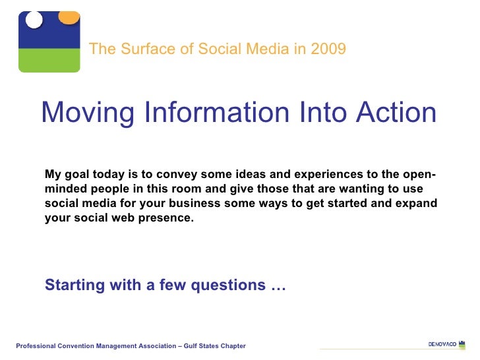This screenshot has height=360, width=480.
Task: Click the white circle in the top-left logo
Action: tap(34, 20)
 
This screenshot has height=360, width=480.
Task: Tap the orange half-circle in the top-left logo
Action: tap(68, 16)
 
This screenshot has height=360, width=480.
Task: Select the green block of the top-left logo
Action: tap(49, 61)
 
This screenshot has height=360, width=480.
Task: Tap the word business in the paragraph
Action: tap(193, 204)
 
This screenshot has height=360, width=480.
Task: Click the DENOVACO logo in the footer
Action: tap(446, 345)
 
